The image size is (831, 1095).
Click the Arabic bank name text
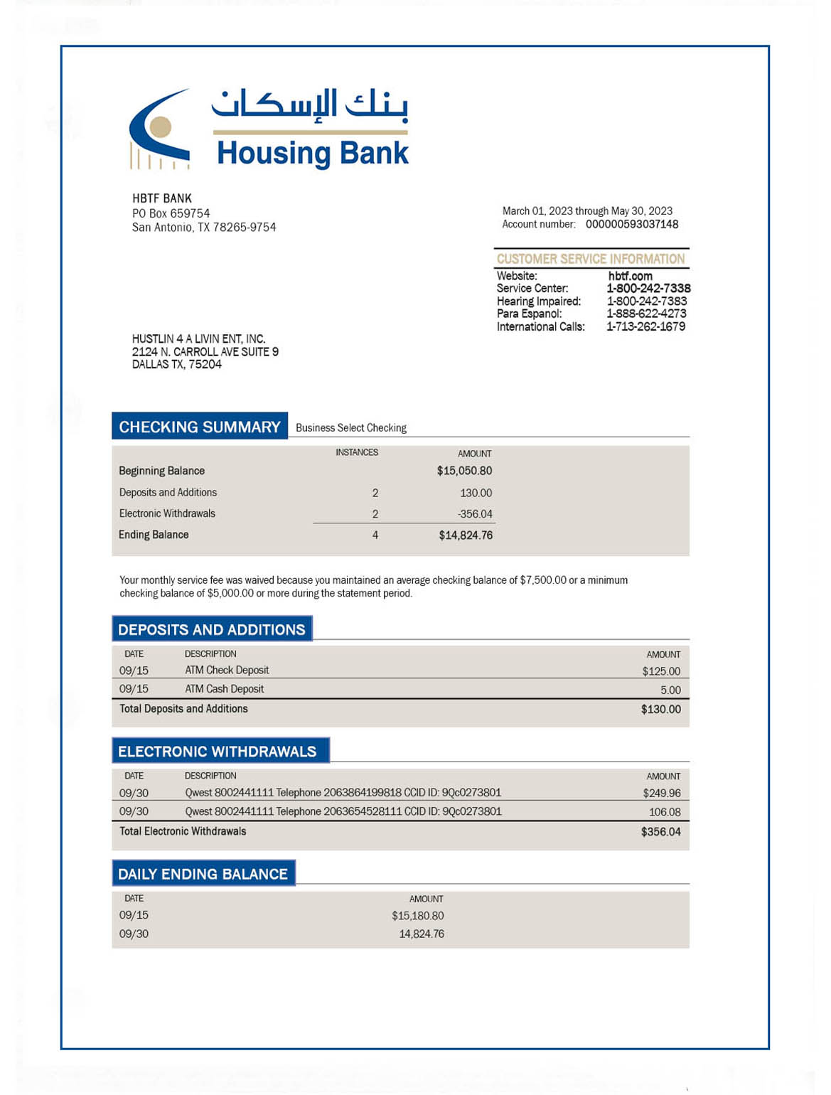tap(311, 105)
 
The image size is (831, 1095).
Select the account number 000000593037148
tap(631, 225)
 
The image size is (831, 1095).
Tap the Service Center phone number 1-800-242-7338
tap(648, 289)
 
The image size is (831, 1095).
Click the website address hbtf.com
tap(630, 276)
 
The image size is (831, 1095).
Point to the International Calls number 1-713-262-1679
tap(645, 327)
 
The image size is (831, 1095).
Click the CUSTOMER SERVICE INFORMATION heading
tap(590, 259)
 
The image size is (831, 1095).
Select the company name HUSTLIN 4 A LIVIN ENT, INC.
tap(198, 339)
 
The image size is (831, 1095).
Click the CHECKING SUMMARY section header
tap(200, 427)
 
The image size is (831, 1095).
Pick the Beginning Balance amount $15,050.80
tap(464, 471)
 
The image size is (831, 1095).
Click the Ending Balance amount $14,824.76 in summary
tap(465, 535)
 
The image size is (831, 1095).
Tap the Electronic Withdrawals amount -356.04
tap(474, 514)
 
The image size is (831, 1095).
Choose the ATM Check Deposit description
tap(227, 671)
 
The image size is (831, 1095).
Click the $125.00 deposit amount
tap(660, 671)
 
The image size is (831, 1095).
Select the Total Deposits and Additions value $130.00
tap(660, 710)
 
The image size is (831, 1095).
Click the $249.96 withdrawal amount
tap(661, 794)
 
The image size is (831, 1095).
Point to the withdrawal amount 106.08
tap(664, 812)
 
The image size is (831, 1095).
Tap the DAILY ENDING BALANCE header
tap(203, 874)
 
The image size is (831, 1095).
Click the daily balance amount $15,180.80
tap(417, 917)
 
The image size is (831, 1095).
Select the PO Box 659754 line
tap(171, 213)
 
